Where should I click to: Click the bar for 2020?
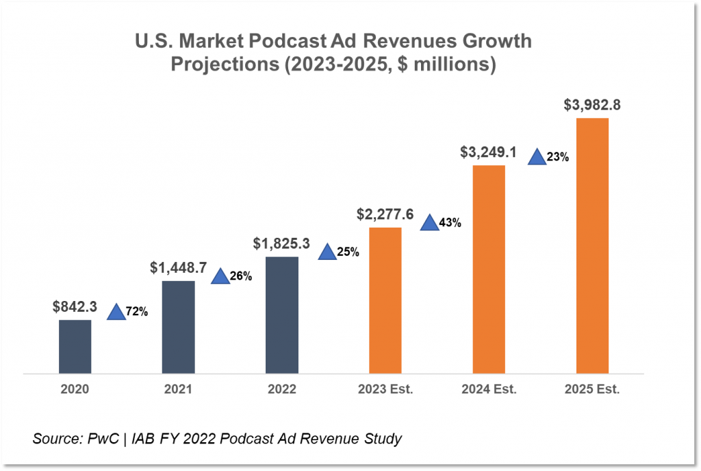[75, 346]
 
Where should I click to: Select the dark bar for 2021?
[178, 327]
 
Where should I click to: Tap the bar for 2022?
[282, 315]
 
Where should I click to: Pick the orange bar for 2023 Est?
[385, 300]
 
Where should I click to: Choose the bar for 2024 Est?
[489, 269]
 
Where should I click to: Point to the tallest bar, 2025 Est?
[592, 245]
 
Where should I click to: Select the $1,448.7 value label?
[178, 268]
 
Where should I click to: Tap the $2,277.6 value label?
[385, 215]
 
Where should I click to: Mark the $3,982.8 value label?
[592, 106]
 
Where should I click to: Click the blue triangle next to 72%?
[116, 312]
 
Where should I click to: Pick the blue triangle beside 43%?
[429, 222]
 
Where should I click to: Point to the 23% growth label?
[558, 157]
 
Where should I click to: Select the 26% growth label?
[241, 277]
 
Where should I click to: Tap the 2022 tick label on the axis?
[282, 389]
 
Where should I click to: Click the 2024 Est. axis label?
[489, 389]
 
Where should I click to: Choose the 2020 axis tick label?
[75, 389]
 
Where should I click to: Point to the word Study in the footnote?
[383, 438]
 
